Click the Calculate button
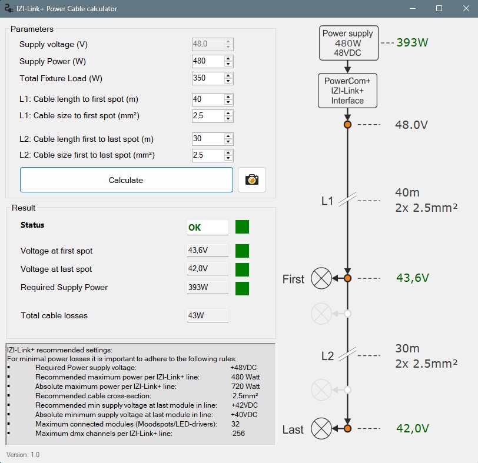click(x=126, y=180)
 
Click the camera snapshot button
click(x=252, y=180)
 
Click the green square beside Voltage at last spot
click(x=242, y=269)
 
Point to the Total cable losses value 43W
click(x=207, y=315)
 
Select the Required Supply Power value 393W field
click(x=207, y=287)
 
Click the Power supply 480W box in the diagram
click(x=347, y=43)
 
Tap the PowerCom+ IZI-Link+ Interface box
click(x=347, y=91)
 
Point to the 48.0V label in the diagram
click(x=411, y=125)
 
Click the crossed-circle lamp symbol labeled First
click(x=321, y=278)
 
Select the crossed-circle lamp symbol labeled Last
click(x=321, y=428)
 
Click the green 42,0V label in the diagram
click(x=412, y=429)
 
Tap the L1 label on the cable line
click(x=327, y=201)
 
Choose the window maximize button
click(x=439, y=9)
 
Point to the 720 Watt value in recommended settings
click(x=245, y=387)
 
